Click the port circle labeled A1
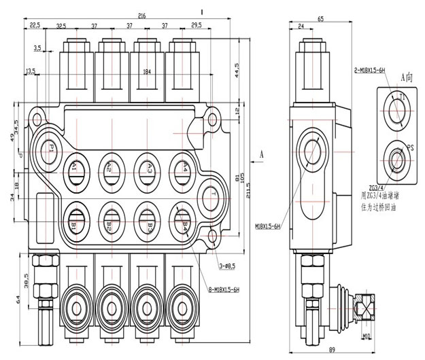point(75,167)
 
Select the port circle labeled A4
point(180,167)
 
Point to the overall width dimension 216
point(142,16)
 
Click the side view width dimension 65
point(320,20)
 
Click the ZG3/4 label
point(377,187)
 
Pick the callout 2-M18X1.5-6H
point(370,70)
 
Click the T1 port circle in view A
point(397,108)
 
